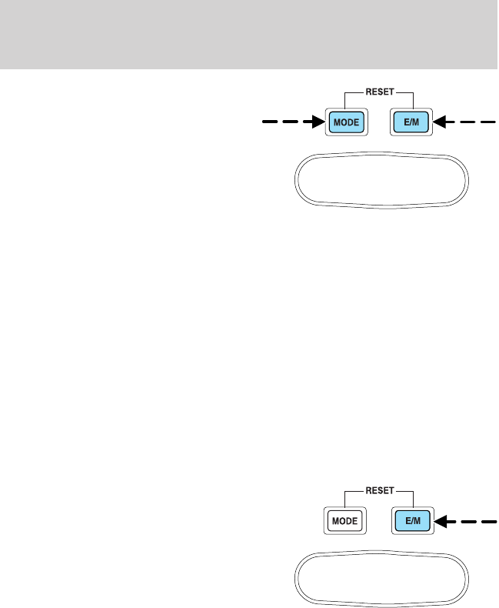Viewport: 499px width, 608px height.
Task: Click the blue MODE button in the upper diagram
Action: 344,122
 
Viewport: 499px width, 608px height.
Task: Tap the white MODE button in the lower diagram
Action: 344,521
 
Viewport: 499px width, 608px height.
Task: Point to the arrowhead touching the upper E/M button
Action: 438,122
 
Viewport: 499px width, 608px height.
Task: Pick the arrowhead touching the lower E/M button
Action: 438,520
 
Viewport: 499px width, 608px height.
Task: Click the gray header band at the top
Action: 249,35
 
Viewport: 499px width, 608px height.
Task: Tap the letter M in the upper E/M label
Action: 416,122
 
